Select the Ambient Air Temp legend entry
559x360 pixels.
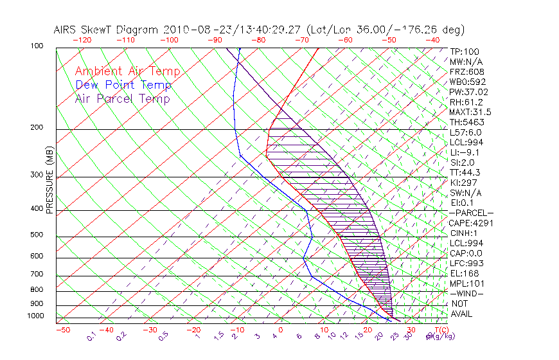pyautogui.click(x=127, y=71)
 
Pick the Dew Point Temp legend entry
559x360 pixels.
pyautogui.click(x=123, y=85)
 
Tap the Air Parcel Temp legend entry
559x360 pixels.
pyautogui.click(x=123, y=98)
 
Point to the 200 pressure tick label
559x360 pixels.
pyautogui.click(x=37, y=127)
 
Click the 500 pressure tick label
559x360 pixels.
pyautogui.click(x=37, y=235)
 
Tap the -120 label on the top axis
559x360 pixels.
pyautogui.click(x=82, y=39)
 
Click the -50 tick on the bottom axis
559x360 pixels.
pyautogui.click(x=62, y=330)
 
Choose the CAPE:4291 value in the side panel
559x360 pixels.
pyautogui.click(x=471, y=223)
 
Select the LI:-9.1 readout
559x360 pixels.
pyautogui.click(x=465, y=152)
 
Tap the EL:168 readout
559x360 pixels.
pyautogui.click(x=463, y=273)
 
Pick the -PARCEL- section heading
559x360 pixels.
pyautogui.click(x=471, y=213)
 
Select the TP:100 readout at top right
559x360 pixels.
pyautogui.click(x=465, y=51)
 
